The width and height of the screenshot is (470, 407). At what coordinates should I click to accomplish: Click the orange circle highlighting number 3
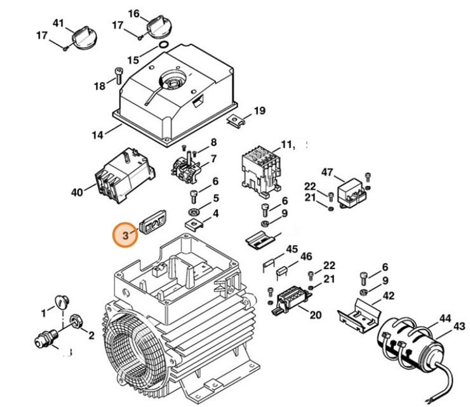[126, 235]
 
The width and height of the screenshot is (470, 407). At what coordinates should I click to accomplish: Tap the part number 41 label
[58, 23]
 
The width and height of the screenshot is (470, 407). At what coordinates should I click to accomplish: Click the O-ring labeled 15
[163, 46]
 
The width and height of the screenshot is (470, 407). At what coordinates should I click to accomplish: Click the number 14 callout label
[97, 135]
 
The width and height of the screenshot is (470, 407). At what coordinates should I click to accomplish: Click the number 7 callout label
[213, 158]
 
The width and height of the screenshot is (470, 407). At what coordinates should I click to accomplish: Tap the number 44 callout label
[445, 317]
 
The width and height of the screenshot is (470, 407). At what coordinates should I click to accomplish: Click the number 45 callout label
[292, 249]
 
